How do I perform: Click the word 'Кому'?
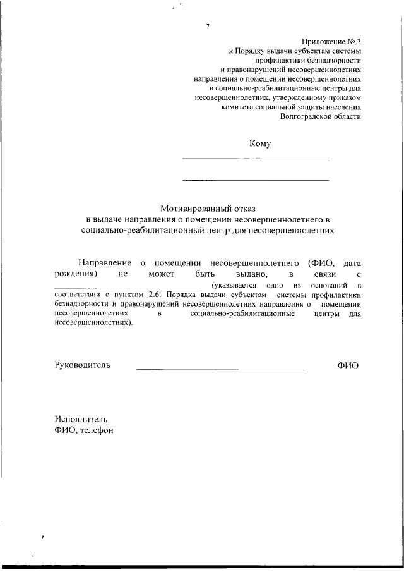pos(260,143)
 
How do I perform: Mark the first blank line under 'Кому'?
pos(256,159)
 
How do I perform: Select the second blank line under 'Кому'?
pos(256,181)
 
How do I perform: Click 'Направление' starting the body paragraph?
pos(105,262)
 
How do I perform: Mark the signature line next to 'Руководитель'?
pos(222,368)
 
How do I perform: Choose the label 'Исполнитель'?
pos(81,418)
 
